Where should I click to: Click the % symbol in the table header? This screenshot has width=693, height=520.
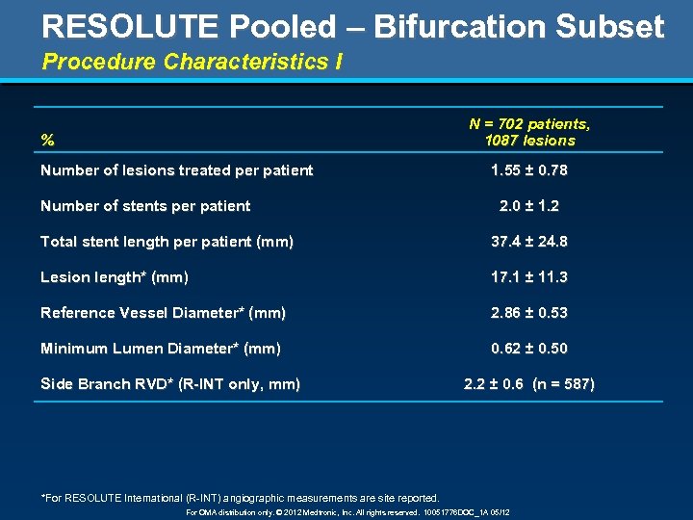(47, 141)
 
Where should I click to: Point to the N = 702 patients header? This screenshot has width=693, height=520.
(529, 124)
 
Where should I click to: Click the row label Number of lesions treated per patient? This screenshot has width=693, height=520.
(176, 170)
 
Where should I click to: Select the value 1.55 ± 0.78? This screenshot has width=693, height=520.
(528, 170)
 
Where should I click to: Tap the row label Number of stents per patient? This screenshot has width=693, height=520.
(145, 206)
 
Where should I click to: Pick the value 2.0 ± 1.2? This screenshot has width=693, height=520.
(528, 206)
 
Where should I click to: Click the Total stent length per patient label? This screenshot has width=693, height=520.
(167, 242)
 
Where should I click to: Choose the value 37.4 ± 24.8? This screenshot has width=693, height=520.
(528, 242)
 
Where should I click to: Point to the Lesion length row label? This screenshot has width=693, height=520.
(114, 277)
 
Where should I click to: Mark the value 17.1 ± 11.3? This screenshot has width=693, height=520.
(528, 277)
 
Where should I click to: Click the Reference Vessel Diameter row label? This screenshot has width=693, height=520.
(163, 313)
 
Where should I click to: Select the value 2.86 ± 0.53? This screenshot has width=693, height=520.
(528, 313)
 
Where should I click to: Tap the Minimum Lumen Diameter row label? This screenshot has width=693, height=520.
(161, 349)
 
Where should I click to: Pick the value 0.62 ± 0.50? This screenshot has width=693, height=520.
(528, 349)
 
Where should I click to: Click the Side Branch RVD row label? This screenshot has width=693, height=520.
(169, 384)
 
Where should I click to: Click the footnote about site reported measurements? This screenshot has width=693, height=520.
(240, 498)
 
